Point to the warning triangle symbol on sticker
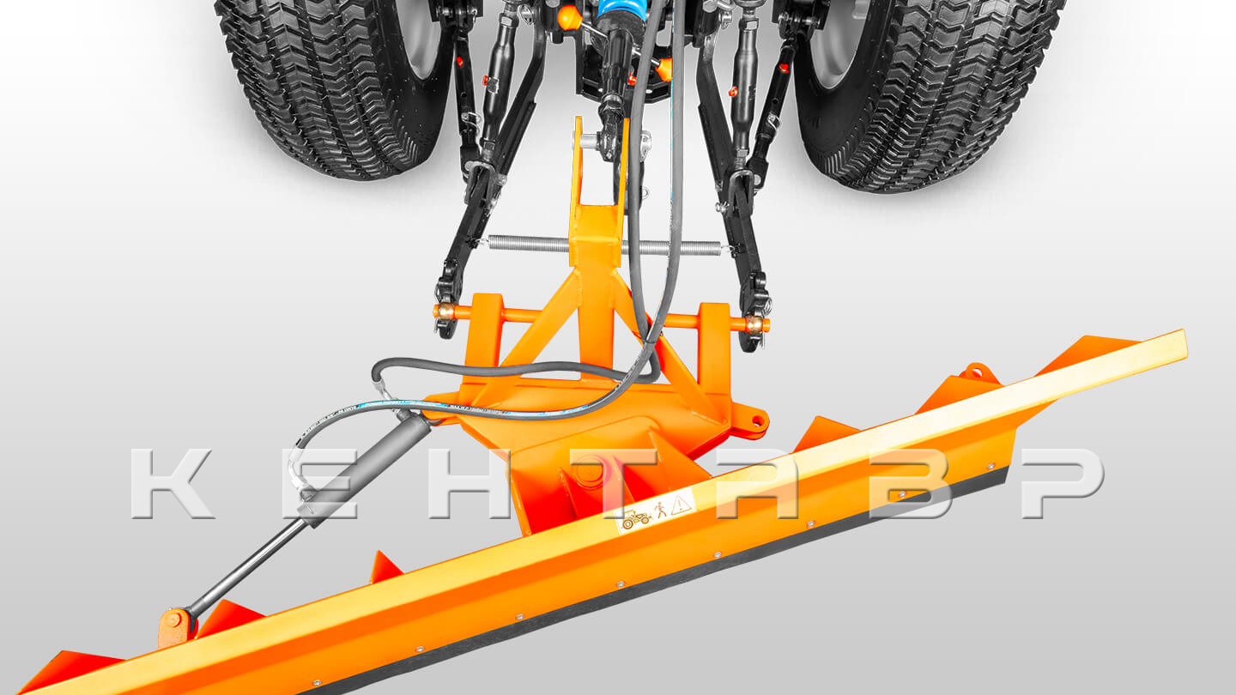(x=681, y=503)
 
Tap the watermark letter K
(x=171, y=483)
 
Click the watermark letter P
(x=1063, y=483)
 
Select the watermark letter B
(x=911, y=483)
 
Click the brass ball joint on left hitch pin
(x=445, y=312)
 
